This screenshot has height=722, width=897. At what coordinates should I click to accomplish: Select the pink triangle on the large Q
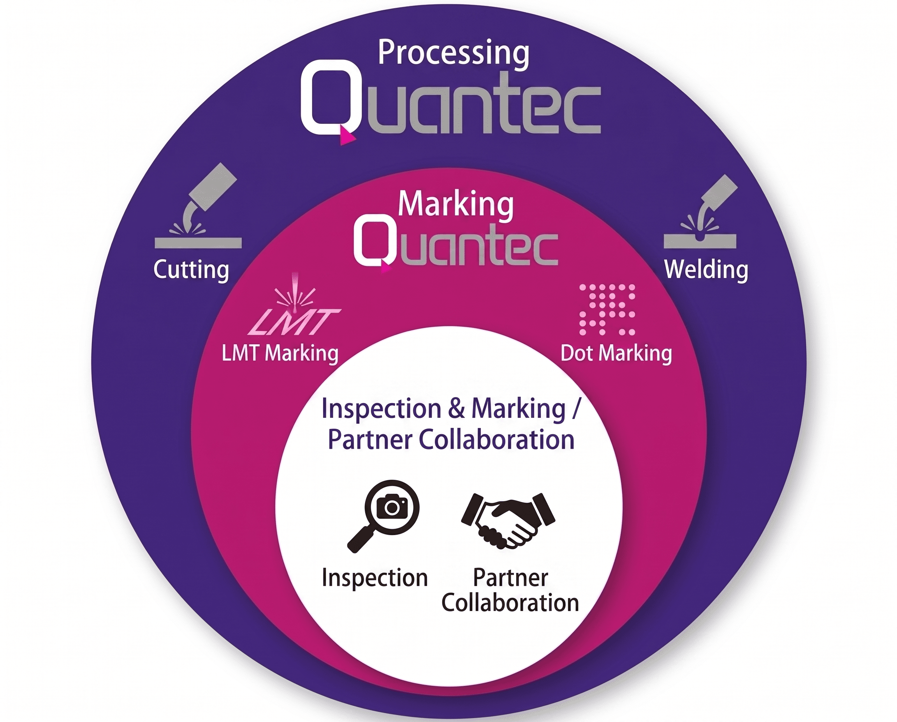click(x=347, y=136)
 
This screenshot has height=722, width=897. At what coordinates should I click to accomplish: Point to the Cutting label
click(x=192, y=269)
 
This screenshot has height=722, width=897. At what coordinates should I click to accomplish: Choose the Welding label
click(x=706, y=269)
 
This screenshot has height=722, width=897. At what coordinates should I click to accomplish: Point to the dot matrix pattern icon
click(x=607, y=310)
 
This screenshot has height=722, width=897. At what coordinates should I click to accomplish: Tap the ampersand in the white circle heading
click(x=456, y=409)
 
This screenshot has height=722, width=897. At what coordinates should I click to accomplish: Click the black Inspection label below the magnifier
click(x=375, y=578)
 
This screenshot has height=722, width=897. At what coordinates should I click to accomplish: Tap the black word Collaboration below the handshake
click(x=510, y=603)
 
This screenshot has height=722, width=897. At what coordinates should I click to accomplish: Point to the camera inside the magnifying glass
click(x=392, y=505)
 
